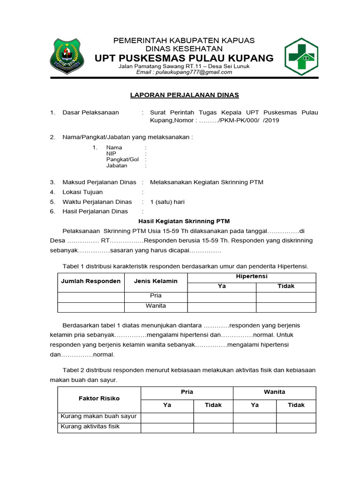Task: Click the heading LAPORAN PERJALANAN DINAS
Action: coord(184,95)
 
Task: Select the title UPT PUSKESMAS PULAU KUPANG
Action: coord(184,58)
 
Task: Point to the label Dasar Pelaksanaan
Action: coord(90,112)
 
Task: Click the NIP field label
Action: coord(111,153)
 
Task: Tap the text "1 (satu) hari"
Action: coord(167,202)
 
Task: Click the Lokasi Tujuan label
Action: coord(82,192)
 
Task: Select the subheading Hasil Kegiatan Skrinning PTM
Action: coord(184,221)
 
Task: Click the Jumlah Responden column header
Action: coord(90,281)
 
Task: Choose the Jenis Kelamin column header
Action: coord(156,281)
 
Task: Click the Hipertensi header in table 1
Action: coord(251,277)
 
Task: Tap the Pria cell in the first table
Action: coord(156,296)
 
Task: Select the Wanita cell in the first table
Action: coord(156,306)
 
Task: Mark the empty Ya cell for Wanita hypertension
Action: coord(221,307)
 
